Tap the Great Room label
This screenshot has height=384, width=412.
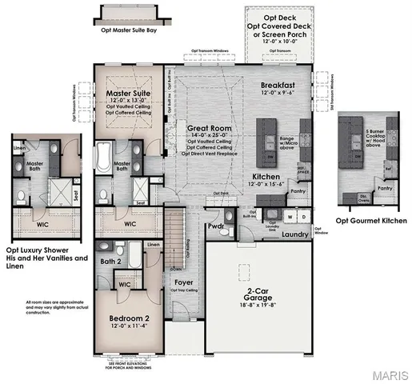point(209,129)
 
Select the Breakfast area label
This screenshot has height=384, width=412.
point(278,85)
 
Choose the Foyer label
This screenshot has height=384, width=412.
point(184,282)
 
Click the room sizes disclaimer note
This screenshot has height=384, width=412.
point(56,308)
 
